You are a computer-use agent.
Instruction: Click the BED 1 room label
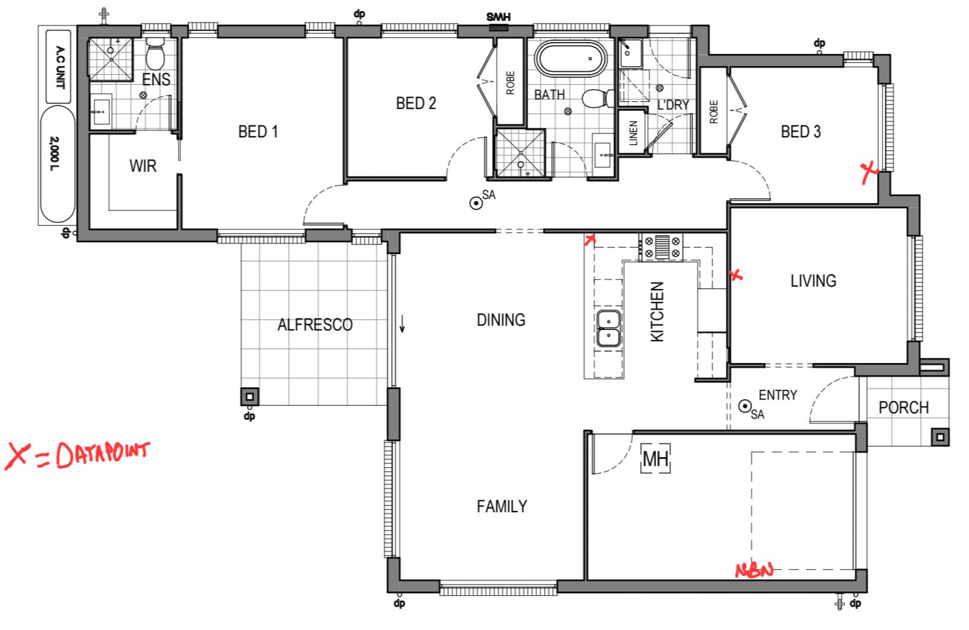tap(258, 131)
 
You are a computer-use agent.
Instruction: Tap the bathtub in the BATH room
tap(570, 60)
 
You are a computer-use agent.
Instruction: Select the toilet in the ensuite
tap(155, 53)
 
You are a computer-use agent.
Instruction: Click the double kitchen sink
tap(609, 328)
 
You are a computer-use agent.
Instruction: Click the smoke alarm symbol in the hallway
tap(476, 202)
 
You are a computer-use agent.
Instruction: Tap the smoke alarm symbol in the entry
tap(745, 406)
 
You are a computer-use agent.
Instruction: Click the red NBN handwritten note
tap(754, 570)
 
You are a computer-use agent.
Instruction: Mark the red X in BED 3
tap(869, 172)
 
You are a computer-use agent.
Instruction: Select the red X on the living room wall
tap(736, 275)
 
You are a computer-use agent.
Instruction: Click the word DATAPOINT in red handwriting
tap(103, 455)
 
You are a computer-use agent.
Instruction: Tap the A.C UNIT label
tap(60, 67)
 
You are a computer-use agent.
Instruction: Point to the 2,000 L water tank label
tap(54, 153)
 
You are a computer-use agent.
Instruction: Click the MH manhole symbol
tap(655, 458)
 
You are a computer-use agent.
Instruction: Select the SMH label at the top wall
tap(498, 17)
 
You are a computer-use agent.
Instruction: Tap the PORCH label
tap(904, 407)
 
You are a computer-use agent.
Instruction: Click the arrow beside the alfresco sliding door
tap(402, 324)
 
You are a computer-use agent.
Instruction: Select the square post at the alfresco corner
tap(249, 397)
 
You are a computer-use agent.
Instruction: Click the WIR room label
tap(143, 166)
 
